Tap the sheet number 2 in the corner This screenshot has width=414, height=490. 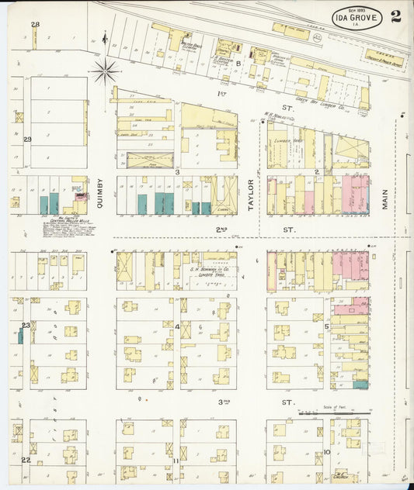pos(396,17)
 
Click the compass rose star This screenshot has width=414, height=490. pos(104,71)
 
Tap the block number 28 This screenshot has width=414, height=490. pos(35,25)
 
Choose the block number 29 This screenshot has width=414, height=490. pos(27,140)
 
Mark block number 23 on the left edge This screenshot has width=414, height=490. pos(26,325)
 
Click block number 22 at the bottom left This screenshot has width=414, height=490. pos(26,460)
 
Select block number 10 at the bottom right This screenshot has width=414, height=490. pos(327,452)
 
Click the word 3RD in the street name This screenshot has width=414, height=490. pos(224,402)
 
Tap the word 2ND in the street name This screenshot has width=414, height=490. pos(221,229)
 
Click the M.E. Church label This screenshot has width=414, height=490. pos(339,478)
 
